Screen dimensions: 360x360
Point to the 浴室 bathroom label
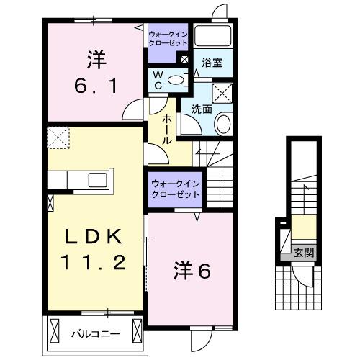click(212, 63)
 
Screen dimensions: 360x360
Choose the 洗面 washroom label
click(201, 109)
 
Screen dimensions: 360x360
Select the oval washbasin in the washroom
click(223, 123)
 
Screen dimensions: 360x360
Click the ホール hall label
click(166, 130)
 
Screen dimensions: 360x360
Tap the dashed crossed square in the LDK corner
click(57, 135)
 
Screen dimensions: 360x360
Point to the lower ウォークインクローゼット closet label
click(176, 189)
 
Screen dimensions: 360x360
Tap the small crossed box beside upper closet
click(185, 60)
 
